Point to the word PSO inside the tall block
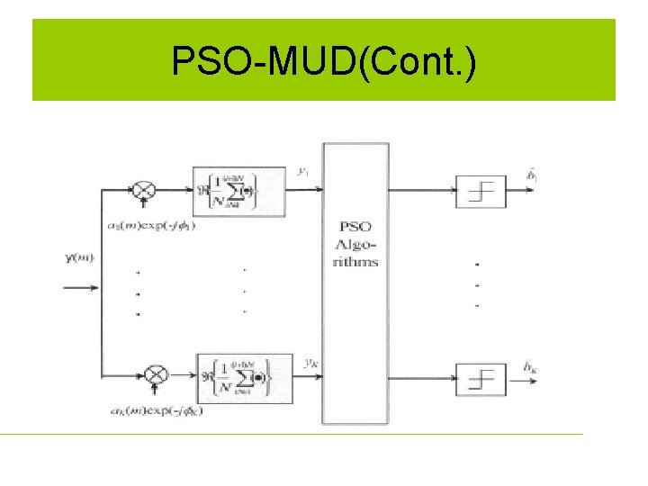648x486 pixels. (357, 226)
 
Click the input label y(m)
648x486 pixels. (78, 260)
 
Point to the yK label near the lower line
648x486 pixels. (308, 364)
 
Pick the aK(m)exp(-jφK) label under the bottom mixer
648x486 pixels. (157, 411)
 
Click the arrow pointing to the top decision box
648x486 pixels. (450, 190)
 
